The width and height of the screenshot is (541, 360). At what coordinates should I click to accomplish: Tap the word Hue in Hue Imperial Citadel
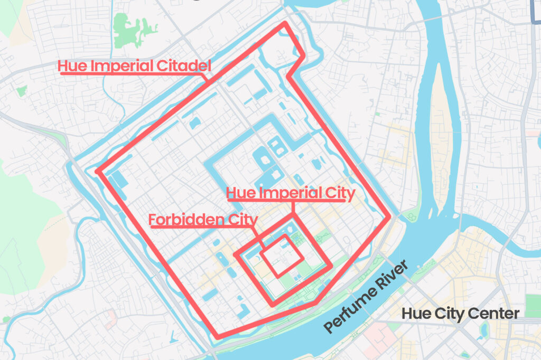71,66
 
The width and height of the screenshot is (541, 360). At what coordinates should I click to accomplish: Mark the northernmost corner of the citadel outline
285,23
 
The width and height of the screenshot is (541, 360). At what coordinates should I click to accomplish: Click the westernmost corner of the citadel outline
97,171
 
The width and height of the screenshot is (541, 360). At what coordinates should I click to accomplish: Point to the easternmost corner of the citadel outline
389,216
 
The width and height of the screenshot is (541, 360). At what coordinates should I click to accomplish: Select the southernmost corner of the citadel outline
217,336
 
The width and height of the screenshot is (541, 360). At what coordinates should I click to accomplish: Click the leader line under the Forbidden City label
203,227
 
